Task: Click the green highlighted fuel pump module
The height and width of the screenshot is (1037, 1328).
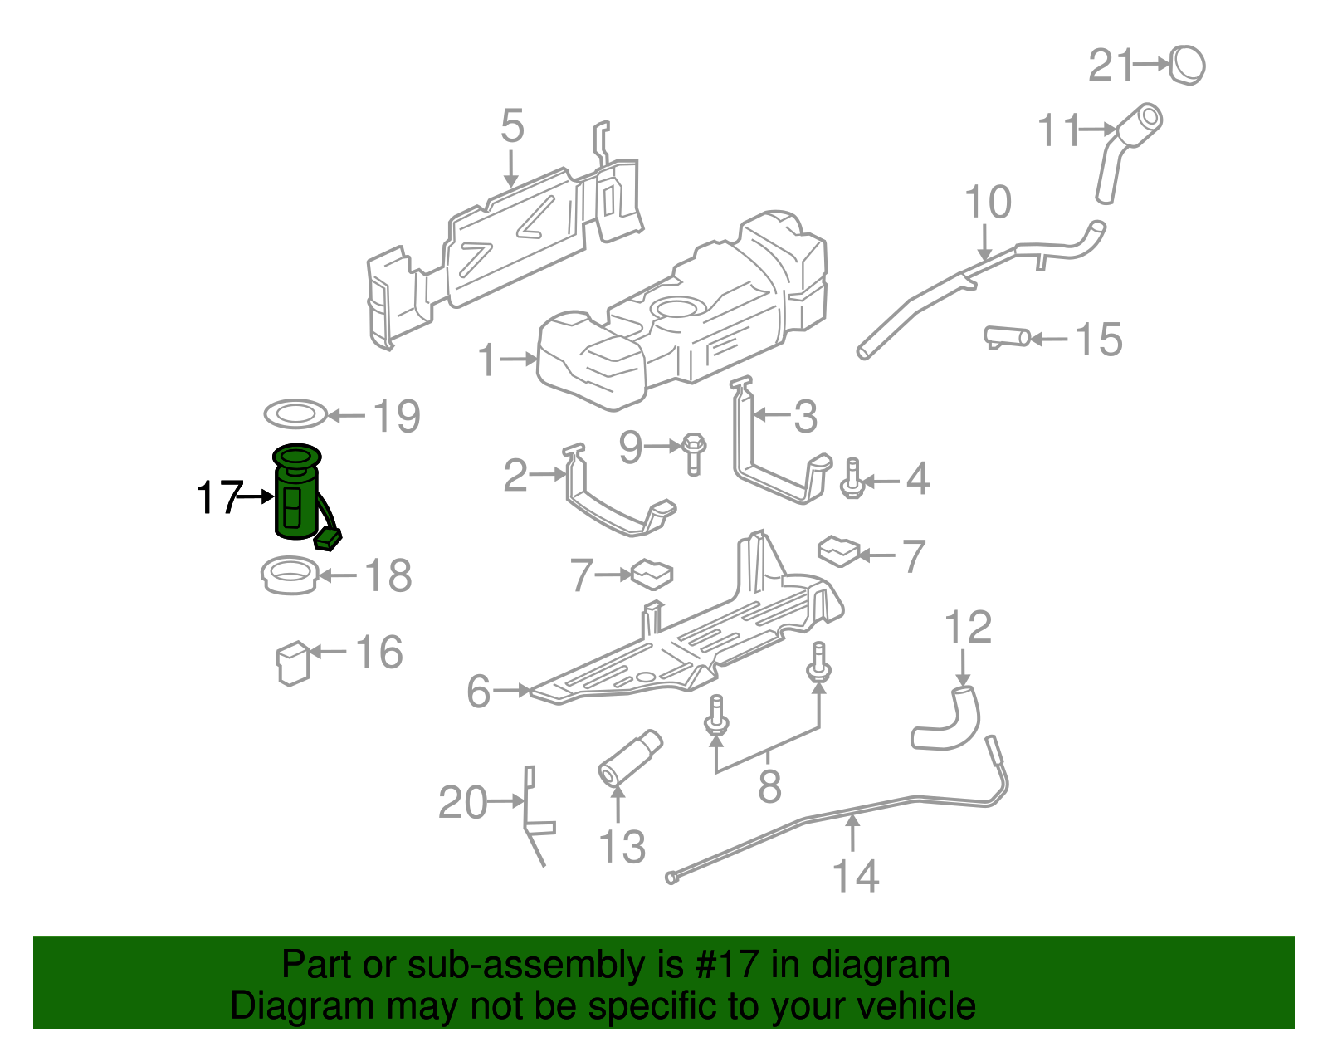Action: (295, 498)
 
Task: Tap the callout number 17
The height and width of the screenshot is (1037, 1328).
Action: (218, 498)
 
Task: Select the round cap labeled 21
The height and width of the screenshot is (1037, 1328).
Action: (1188, 65)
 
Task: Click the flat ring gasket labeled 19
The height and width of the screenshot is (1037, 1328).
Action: (295, 413)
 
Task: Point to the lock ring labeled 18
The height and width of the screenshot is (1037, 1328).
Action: (290, 575)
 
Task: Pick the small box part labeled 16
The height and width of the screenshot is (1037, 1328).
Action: (292, 662)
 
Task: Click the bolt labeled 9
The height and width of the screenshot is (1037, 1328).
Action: (693, 453)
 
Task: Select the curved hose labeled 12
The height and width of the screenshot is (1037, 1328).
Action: (950, 720)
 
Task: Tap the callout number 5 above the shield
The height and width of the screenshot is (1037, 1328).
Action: (512, 126)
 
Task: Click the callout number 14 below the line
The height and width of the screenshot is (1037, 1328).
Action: (855, 877)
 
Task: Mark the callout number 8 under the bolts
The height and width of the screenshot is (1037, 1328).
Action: (769, 786)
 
